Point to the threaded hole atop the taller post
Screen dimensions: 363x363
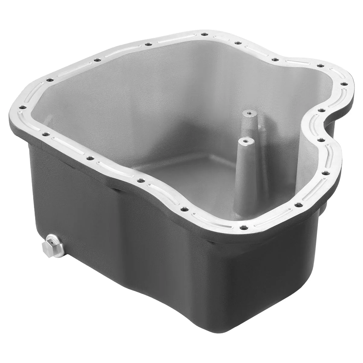coord(249,113)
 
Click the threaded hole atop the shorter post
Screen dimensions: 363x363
coord(244,141)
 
